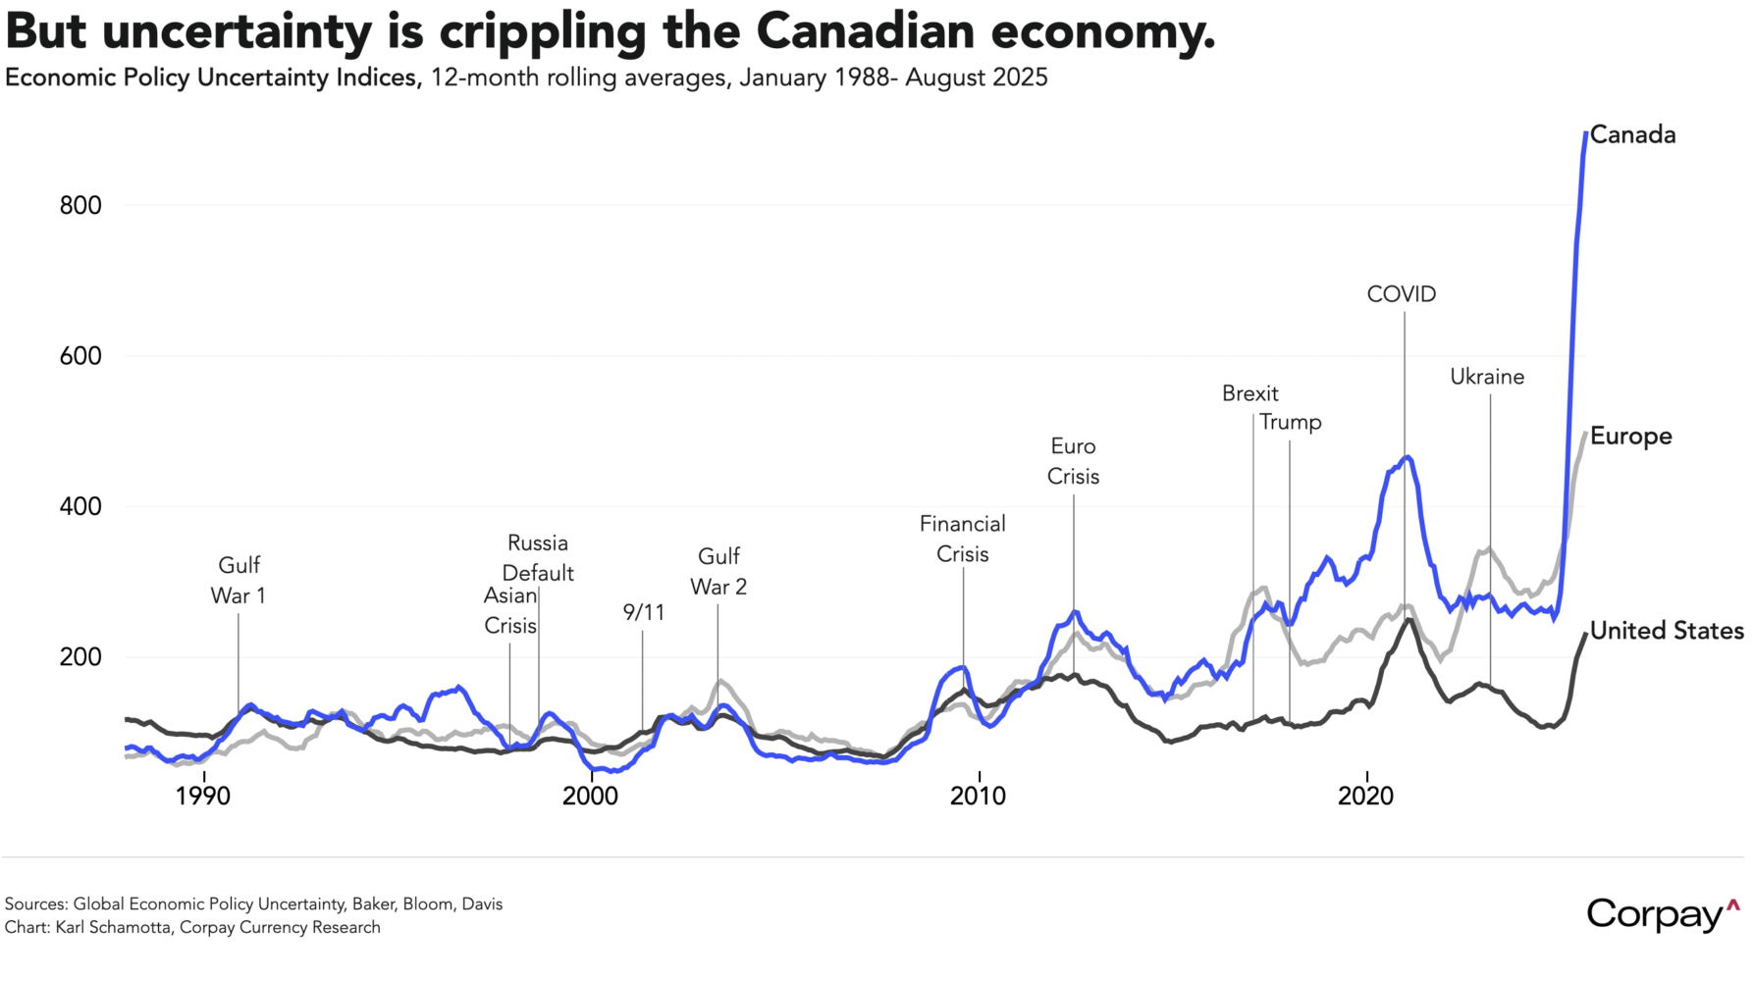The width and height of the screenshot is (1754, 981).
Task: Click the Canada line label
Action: (1632, 135)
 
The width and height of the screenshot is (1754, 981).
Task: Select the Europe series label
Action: (1630, 437)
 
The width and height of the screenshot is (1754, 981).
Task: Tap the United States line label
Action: (1666, 631)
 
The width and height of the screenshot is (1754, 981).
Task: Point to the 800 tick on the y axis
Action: (80, 206)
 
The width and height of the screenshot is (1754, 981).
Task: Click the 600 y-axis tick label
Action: (80, 356)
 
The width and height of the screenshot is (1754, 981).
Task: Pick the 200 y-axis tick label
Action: (80, 657)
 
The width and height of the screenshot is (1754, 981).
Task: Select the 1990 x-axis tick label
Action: (203, 796)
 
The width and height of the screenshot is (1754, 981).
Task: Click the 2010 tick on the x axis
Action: (978, 796)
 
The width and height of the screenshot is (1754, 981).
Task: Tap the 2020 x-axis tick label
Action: (1365, 796)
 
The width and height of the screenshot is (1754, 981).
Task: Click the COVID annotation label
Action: (1401, 294)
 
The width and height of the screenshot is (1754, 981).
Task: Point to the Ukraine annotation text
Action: (1487, 377)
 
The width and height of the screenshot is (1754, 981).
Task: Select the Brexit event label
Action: (1249, 393)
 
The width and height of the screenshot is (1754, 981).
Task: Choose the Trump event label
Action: (1290, 422)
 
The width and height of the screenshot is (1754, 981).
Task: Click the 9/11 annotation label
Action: (643, 613)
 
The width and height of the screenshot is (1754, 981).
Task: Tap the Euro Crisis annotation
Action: (1073, 461)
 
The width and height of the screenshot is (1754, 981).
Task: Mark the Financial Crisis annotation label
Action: (962, 539)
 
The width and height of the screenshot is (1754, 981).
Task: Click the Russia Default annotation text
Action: (538, 557)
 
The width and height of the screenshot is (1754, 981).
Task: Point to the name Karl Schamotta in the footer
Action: (114, 927)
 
